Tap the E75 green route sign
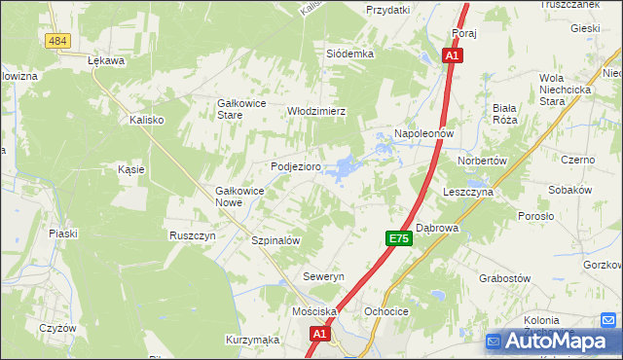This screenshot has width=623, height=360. click(397, 238)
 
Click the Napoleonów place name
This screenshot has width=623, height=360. click(424, 132)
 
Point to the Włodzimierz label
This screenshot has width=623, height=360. click(316, 111)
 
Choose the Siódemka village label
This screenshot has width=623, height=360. click(350, 54)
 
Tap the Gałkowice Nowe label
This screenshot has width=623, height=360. click(240, 197)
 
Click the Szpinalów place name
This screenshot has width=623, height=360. click(275, 240)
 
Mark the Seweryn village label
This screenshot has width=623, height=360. click(324, 277)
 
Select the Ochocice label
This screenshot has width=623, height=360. click(385, 311)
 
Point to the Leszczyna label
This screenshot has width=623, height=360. click(469, 193)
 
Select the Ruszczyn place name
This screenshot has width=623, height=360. click(192, 235)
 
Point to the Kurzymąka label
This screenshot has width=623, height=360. click(253, 340)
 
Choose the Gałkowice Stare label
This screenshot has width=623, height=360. click(242, 108)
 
